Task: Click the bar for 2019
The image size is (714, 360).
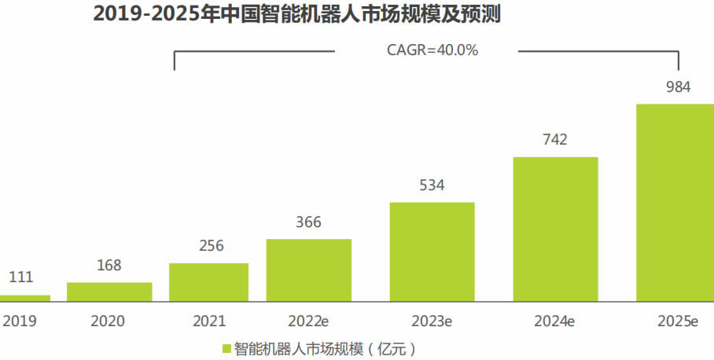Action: [24, 298]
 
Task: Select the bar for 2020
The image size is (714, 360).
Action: [109, 292]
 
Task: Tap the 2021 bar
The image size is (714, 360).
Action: [208, 282]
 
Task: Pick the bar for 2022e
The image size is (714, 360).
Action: [308, 270]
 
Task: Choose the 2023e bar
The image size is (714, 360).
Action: [432, 252]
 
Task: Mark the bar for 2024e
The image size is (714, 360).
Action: [555, 229]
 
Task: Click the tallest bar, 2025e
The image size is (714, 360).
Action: [675, 202]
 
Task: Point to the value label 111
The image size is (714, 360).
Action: [20, 277]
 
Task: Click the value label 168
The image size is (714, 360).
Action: [109, 265]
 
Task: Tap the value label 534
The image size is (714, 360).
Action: [432, 186]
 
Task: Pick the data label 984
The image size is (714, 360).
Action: [677, 86]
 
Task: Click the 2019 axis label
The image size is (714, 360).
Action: [20, 321]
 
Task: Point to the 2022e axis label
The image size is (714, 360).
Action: [307, 321]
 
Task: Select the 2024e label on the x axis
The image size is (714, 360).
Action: [554, 321]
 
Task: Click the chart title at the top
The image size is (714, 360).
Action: [297, 14]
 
